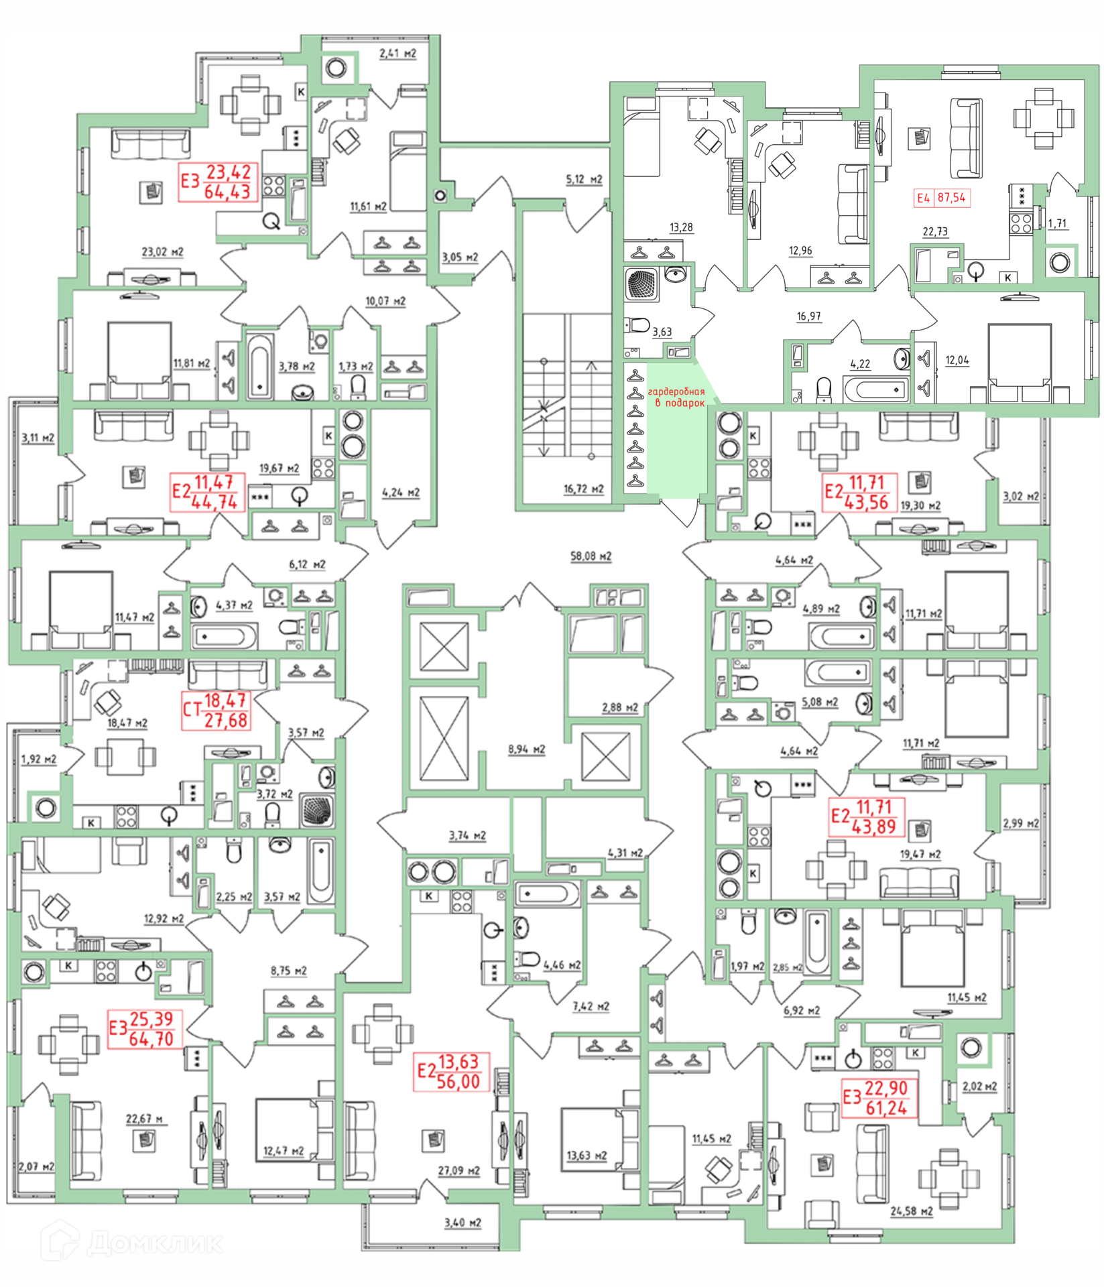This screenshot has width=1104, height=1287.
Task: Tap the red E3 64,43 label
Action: pyautogui.click(x=217, y=182)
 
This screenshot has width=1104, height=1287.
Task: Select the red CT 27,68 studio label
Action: pyautogui.click(x=216, y=711)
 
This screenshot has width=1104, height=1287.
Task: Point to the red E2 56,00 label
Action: pyautogui.click(x=450, y=1072)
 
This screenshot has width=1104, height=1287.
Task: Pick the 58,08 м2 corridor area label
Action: pyautogui.click(x=591, y=556)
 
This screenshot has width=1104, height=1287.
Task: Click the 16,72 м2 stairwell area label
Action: pyautogui.click(x=583, y=489)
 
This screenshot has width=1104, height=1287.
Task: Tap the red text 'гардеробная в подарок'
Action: pyautogui.click(x=677, y=397)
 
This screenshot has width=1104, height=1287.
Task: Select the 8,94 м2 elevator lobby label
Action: pyautogui.click(x=526, y=749)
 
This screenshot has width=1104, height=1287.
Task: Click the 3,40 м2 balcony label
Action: pyautogui.click(x=463, y=1223)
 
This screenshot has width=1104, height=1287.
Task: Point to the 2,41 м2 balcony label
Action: pyautogui.click(x=397, y=53)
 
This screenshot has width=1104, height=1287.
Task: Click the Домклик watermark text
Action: pyautogui.click(x=154, y=1243)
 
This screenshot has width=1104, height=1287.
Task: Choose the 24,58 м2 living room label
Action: pyautogui.click(x=911, y=1211)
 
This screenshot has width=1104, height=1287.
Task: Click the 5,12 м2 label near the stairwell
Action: pyautogui.click(x=584, y=180)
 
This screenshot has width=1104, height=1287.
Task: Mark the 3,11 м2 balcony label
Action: pyautogui.click(x=38, y=438)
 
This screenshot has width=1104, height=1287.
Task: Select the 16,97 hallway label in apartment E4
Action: pyautogui.click(x=808, y=316)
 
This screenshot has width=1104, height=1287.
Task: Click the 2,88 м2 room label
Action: pyautogui.click(x=619, y=707)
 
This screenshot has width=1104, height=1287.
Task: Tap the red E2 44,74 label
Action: pyautogui.click(x=206, y=492)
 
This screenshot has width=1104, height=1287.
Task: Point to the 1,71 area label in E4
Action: pyautogui.click(x=1057, y=224)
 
